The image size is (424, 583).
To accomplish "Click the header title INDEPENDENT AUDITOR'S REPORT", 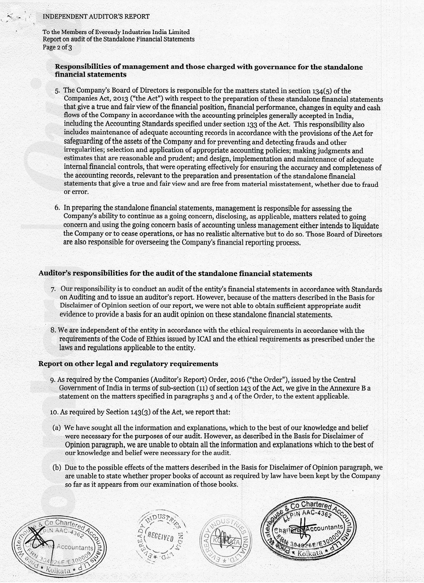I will pyautogui.click(x=96, y=16).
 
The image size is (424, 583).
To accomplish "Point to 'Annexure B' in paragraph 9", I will pyautogui.click(x=347, y=388).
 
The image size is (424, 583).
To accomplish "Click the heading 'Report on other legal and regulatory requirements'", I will pyautogui.click(x=128, y=364).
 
